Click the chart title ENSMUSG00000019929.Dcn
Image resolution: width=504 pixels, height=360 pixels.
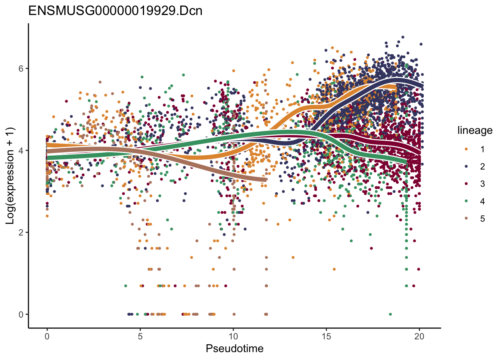pyautogui.click(x=115, y=10)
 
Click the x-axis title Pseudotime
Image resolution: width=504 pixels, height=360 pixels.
pyautogui.click(x=234, y=349)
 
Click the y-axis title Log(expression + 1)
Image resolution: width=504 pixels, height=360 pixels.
pyautogui.click(x=10, y=176)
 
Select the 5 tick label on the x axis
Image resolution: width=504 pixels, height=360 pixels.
pyautogui.click(x=140, y=336)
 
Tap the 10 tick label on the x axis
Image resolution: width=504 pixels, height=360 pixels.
pyautogui.click(x=233, y=336)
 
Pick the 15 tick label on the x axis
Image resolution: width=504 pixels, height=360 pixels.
pyautogui.click(x=326, y=336)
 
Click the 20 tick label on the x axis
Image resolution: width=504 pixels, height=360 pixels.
pyautogui.click(x=419, y=336)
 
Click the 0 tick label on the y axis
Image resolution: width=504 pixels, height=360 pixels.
pyautogui.click(x=21, y=314)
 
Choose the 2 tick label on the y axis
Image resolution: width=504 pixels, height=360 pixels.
pyautogui.click(x=21, y=232)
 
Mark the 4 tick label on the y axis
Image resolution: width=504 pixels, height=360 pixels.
pyautogui.click(x=21, y=150)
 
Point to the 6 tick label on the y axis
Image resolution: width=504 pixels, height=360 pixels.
pyautogui.click(x=21, y=69)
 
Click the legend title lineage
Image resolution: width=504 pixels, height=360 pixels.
pyautogui.click(x=475, y=130)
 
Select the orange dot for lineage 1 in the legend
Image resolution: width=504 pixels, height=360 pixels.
pyautogui.click(x=466, y=149)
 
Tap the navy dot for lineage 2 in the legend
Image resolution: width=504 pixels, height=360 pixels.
pyautogui.click(x=466, y=166)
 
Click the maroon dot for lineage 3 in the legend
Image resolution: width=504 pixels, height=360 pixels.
pyautogui.click(x=466, y=184)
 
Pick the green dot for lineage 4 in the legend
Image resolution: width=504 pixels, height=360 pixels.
pyautogui.click(x=466, y=201)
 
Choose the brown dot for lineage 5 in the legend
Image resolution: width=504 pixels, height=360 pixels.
pyautogui.click(x=466, y=219)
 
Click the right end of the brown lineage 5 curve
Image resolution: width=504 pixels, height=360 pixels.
pyautogui.click(x=265, y=180)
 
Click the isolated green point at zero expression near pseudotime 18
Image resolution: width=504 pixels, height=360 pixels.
pyautogui.click(x=390, y=314)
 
